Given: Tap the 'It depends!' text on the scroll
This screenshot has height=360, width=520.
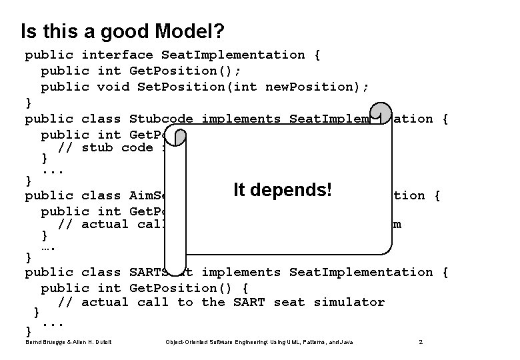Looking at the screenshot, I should (282, 189).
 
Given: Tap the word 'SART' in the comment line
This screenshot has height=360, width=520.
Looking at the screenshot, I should (249, 302).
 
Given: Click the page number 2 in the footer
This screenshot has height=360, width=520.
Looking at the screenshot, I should (421, 342).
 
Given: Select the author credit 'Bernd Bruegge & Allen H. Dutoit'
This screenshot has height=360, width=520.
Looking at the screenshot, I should (67, 342).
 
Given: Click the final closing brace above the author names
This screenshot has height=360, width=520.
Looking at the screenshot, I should (28, 330).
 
